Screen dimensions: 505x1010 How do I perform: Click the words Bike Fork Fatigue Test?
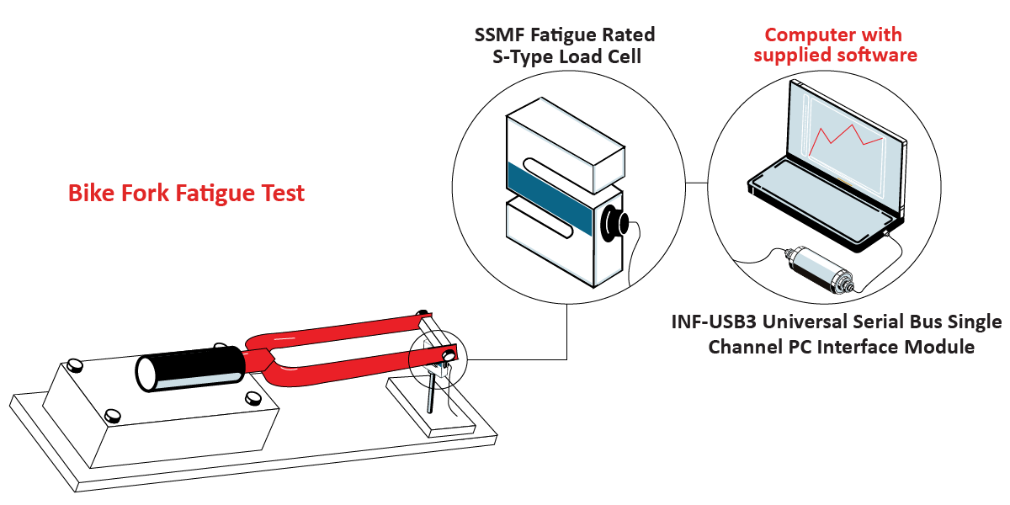coord(186,194)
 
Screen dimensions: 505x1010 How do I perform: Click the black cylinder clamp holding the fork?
coord(189,370)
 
